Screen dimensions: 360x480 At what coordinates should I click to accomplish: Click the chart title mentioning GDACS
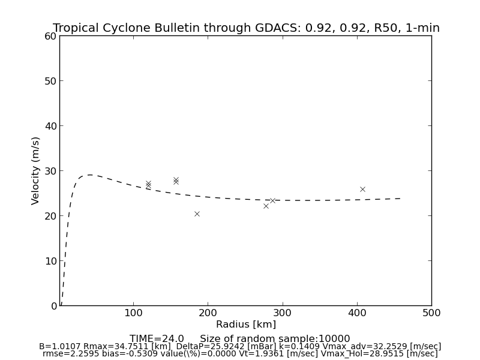[246, 28]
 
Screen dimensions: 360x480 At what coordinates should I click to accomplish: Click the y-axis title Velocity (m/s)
[36, 170]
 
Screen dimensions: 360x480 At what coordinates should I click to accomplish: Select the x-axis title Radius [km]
[246, 325]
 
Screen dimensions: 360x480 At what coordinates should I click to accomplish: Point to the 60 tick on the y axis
[50, 36]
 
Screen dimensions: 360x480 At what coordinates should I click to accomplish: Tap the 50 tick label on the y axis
[50, 81]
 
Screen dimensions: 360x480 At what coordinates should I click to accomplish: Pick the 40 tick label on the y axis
[50, 126]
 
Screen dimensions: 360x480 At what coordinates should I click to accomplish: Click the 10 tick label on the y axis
[50, 261]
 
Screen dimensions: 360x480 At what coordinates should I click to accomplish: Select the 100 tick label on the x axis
[133, 313]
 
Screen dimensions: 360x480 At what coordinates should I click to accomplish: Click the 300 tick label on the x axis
[282, 313]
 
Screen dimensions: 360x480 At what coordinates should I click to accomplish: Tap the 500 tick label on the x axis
[431, 313]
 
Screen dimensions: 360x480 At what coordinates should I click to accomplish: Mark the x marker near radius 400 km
[362, 189]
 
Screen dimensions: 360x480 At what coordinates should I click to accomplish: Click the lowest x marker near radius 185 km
[197, 214]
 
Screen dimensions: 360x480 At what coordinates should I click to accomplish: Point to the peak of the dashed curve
[89, 175]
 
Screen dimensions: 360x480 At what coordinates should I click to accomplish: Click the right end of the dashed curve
[400, 198]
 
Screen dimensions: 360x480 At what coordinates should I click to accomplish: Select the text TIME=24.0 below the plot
[157, 339]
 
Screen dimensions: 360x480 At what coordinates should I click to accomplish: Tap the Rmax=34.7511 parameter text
[118, 347]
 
